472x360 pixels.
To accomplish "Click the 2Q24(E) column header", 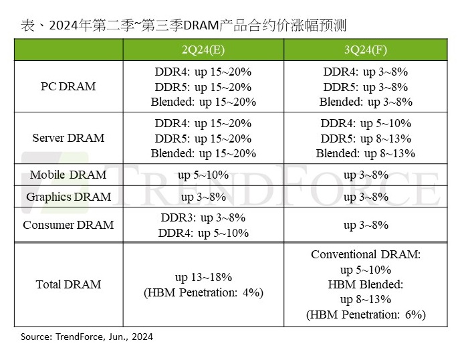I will tap(203, 50).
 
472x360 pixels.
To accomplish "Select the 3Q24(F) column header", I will tap(365, 50).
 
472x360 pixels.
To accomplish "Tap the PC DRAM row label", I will tap(68, 86).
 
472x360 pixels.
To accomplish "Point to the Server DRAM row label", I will tap(68, 138).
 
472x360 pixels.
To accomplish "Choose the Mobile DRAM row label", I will tap(68, 175).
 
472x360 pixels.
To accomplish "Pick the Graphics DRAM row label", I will tap(68, 197).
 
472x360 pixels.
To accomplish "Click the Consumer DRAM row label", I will tap(68, 225).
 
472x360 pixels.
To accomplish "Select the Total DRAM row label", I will tap(68, 284).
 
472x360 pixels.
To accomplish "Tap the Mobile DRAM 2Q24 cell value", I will tap(203, 175).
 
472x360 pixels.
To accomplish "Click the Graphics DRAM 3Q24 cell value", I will tap(365, 197).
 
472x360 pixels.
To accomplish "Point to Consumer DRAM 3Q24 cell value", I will tap(365, 225).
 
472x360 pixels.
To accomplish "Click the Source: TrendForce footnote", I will tap(87, 337).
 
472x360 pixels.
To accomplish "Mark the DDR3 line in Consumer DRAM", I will tap(203, 218).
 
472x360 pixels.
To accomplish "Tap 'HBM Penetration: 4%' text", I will tap(203, 292).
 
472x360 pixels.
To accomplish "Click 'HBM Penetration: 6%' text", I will tap(365, 314).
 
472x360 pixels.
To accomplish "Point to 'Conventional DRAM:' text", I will tap(365, 255).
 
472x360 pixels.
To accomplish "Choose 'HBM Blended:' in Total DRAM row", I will tap(365, 284).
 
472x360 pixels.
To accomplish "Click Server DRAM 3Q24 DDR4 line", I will tap(365, 124).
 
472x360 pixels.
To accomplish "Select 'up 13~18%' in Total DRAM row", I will tap(203, 277).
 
